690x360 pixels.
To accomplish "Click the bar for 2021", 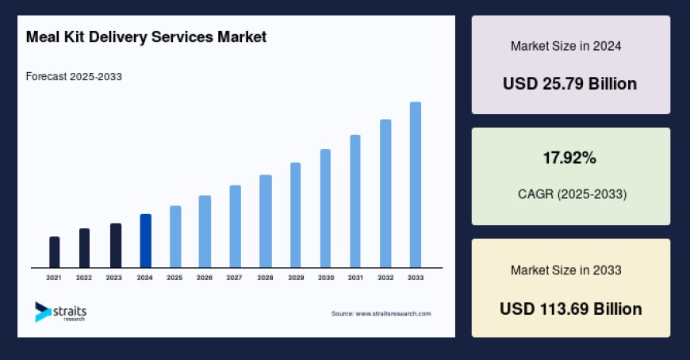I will (x=55, y=252).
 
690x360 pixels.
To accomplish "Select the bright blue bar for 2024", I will (x=145, y=241).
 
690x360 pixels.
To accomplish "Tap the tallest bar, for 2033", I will (x=415, y=185).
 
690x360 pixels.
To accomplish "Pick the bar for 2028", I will (x=266, y=221).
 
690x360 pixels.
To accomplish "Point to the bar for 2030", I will (x=325, y=209).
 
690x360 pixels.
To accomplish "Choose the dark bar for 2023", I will (x=115, y=246).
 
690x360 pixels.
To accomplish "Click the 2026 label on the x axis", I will (x=205, y=278).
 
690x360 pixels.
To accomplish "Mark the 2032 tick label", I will (x=385, y=278).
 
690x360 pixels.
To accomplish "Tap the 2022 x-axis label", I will (x=84, y=278).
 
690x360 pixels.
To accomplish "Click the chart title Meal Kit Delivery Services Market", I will (x=145, y=36).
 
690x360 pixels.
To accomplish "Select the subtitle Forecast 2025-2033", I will (x=74, y=77).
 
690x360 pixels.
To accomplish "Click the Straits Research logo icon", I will (x=42, y=312).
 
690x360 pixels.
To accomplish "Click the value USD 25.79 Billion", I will (x=570, y=83).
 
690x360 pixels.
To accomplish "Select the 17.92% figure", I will (x=569, y=159).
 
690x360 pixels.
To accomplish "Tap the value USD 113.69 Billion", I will (x=570, y=308).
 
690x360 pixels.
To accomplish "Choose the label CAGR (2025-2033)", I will (x=569, y=193).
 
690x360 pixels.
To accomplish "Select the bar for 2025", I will (x=175, y=237).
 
